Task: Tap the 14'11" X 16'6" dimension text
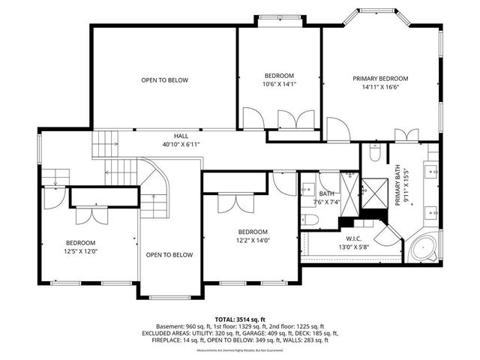tap(380, 87)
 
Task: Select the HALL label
tap(181, 136)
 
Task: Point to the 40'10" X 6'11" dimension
tap(181, 144)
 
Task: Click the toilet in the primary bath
tap(376, 154)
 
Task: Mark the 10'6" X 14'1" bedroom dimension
tap(279, 84)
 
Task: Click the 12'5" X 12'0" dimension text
tap(80, 250)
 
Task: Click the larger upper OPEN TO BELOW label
tap(165, 80)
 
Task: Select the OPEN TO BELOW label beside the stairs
tap(169, 254)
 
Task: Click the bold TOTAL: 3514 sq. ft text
tap(240, 319)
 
